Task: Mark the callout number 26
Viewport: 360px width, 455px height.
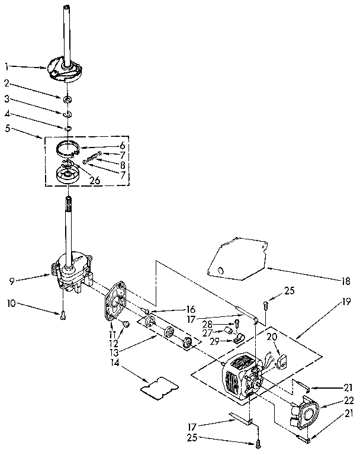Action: tap(95, 181)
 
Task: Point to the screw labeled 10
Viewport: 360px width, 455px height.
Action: tap(63, 315)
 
